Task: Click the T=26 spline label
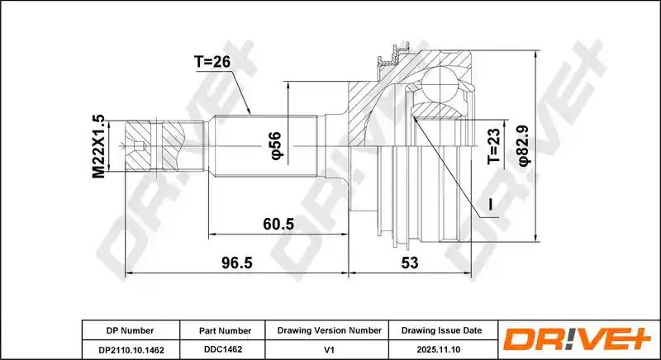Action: click(212, 62)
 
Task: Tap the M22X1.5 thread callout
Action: click(98, 146)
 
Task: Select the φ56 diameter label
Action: click(276, 145)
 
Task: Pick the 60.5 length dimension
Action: click(278, 224)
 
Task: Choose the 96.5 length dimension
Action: click(237, 263)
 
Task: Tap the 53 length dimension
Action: click(410, 263)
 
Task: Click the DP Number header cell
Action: click(131, 330)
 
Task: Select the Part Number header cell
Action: click(225, 331)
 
